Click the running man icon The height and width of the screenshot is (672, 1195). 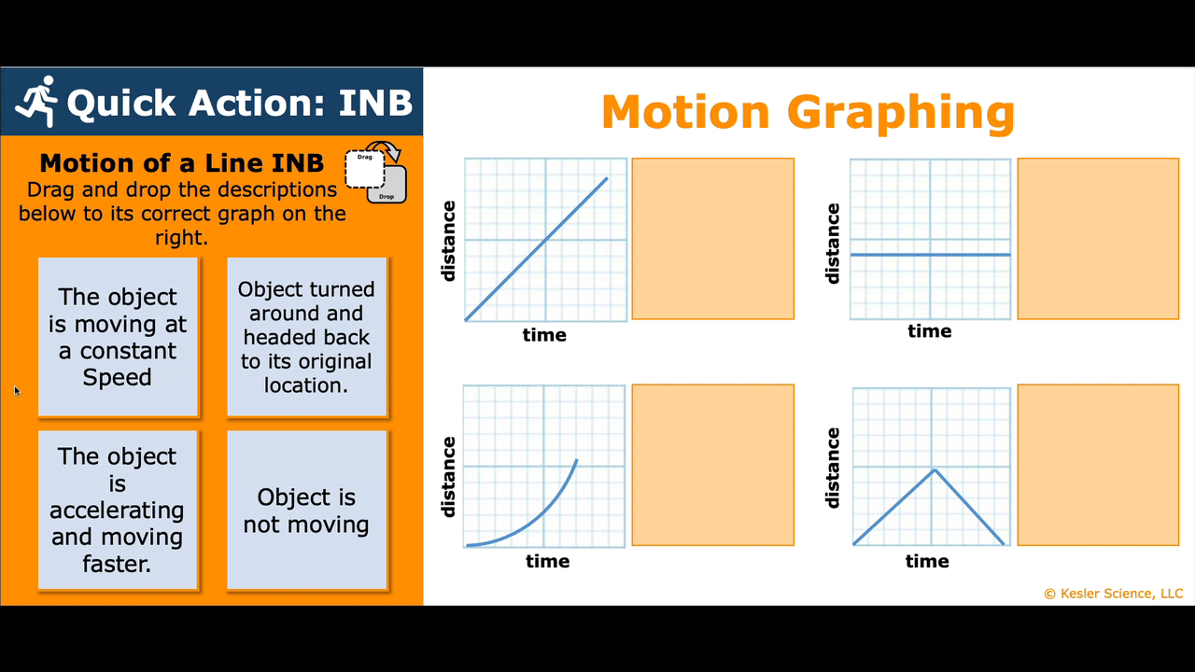point(36,102)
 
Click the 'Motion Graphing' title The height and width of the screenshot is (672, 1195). point(808,113)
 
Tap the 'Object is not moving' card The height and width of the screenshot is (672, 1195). point(307,510)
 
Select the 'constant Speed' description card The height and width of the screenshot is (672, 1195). point(118,337)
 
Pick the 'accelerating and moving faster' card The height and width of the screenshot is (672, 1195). point(118,510)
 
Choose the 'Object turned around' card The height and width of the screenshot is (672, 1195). point(307,337)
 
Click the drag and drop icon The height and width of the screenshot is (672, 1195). point(376,173)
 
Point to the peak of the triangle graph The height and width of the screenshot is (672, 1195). point(935,469)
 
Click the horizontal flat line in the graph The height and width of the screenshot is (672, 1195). point(931,255)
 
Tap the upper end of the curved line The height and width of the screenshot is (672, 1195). point(577,460)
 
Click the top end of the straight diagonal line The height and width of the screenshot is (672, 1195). point(607,178)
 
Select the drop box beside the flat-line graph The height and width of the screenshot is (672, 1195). point(1098,238)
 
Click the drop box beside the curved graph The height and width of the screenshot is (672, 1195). point(712,465)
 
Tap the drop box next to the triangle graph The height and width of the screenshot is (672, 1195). point(1098,465)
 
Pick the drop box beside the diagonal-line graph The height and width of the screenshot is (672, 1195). point(712,238)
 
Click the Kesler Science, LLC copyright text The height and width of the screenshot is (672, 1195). point(1114,594)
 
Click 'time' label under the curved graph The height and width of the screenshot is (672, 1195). point(547,561)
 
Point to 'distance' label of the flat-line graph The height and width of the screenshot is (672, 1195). point(832,244)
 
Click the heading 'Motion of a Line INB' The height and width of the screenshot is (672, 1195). point(181,163)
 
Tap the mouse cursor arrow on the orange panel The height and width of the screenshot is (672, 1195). point(17,391)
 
